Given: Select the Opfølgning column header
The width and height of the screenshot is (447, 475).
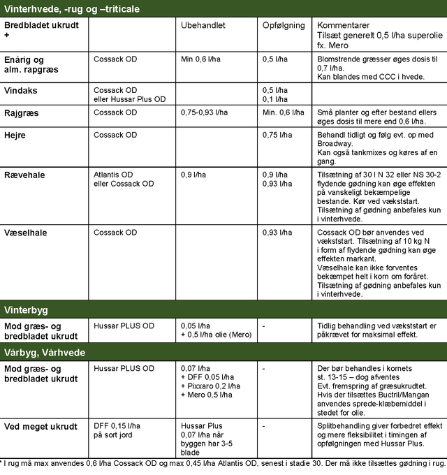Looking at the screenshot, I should point(284,25).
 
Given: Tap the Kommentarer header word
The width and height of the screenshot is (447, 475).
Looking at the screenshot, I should point(344,25).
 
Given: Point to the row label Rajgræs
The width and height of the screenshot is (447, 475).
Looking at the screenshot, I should point(23,112).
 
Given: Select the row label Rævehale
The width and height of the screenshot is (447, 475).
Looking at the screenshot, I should point(26,175).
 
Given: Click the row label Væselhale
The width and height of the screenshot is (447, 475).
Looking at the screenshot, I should point(26,233).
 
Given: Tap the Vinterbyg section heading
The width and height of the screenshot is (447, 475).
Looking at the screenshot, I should point(26,309).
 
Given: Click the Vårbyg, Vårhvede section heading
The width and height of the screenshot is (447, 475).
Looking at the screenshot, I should point(45,353).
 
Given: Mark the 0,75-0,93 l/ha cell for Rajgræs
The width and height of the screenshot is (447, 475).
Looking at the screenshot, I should point(207,112).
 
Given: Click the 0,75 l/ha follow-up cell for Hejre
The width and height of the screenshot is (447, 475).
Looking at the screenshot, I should point(278,135).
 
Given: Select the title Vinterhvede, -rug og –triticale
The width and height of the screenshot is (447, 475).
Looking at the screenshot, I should point(72,8).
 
